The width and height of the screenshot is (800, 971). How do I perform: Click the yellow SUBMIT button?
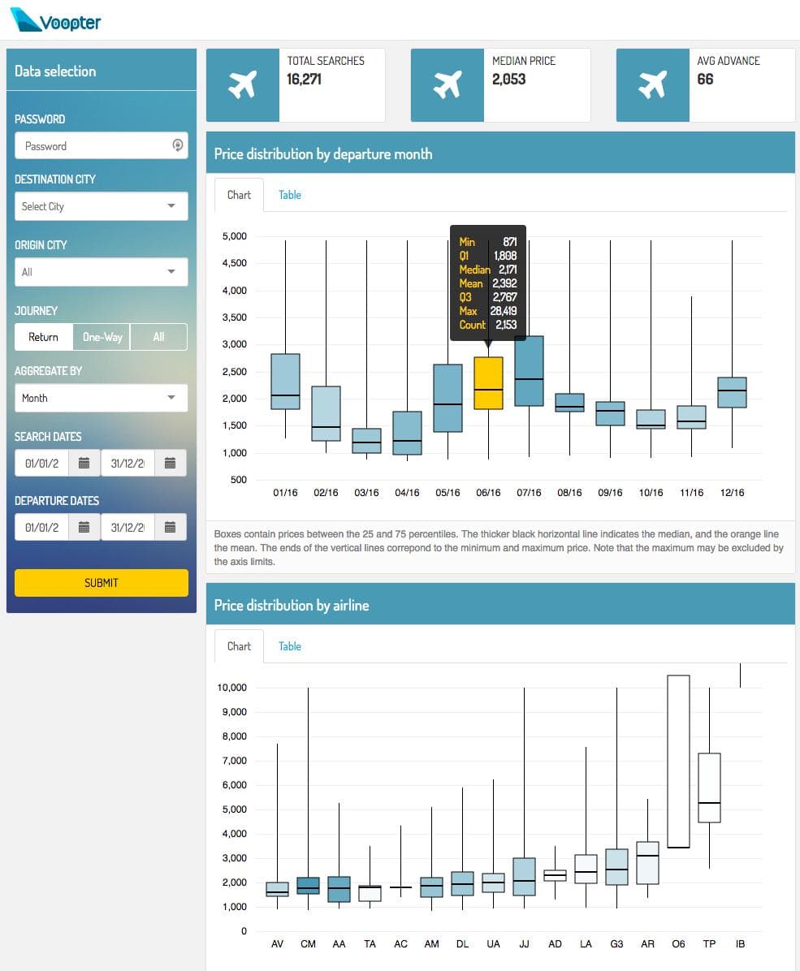point(101,583)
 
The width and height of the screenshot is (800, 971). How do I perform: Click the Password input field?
point(93,146)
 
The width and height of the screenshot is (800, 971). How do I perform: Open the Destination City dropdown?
point(101,206)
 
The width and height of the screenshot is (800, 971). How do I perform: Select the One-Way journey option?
point(102,337)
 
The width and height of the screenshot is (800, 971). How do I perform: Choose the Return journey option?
point(44,337)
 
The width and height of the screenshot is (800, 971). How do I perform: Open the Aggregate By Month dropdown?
point(101,398)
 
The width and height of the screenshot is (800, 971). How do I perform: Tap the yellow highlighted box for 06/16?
point(488,383)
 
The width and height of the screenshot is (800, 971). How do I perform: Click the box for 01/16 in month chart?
point(285,382)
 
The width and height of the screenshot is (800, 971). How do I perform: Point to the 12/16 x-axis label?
point(732,493)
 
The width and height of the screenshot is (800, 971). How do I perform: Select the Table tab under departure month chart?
point(289,195)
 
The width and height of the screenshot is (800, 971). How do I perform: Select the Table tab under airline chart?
point(289,646)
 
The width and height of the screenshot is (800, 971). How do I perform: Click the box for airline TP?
point(709,788)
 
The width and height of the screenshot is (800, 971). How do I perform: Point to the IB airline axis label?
point(740,944)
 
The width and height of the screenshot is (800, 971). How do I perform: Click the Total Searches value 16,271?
point(305,80)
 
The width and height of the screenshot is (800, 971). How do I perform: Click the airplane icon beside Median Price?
point(447,84)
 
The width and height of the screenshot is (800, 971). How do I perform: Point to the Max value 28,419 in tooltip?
point(504,311)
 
